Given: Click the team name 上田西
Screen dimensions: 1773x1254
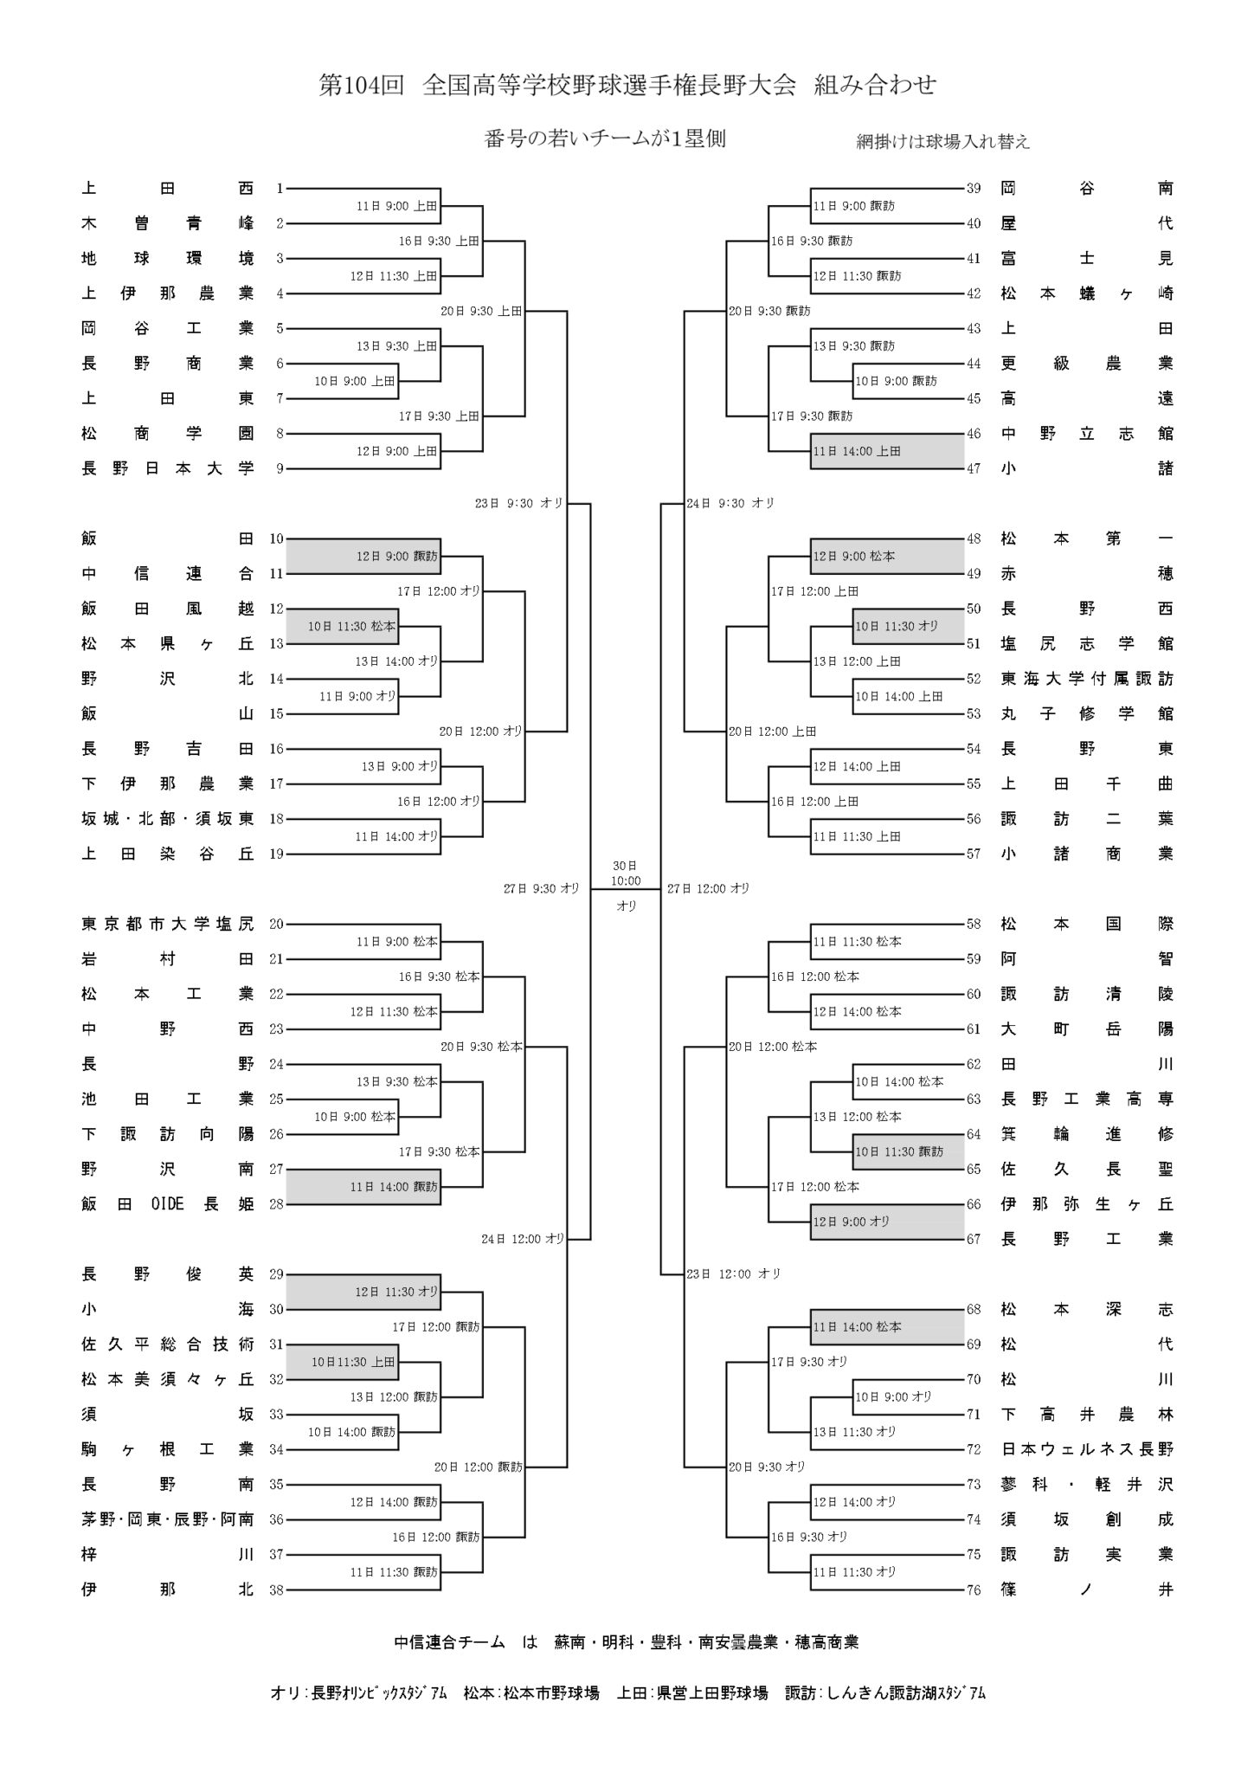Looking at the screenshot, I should point(168,188).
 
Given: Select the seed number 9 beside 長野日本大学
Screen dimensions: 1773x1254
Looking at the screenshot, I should point(280,468).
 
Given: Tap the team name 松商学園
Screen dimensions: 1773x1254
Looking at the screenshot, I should point(168,434).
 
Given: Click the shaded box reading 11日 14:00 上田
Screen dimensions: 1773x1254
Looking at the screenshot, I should point(887,451).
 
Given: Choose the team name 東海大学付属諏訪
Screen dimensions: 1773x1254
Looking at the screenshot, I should point(1087,679).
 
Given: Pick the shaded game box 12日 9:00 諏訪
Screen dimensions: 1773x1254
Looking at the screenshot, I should point(363,557).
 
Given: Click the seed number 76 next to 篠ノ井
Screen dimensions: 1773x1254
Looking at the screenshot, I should point(974,1589).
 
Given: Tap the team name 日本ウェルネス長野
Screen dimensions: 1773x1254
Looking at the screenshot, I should point(1087,1449).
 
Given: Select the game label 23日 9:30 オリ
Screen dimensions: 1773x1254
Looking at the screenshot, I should point(519,502).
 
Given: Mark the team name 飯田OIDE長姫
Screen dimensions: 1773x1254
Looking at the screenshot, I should point(168,1204).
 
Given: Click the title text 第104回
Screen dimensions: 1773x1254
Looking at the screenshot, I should point(362,86).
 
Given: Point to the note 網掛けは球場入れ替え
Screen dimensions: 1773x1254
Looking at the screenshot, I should point(943,142).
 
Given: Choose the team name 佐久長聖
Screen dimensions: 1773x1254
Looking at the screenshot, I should point(1087,1169).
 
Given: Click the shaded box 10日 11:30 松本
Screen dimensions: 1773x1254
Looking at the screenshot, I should point(342,626).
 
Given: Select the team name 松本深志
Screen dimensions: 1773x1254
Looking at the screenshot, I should point(1087,1309).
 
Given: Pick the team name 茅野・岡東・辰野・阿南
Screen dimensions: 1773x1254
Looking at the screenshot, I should point(168,1519).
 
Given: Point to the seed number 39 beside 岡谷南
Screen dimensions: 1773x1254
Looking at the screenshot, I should point(974,188).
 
